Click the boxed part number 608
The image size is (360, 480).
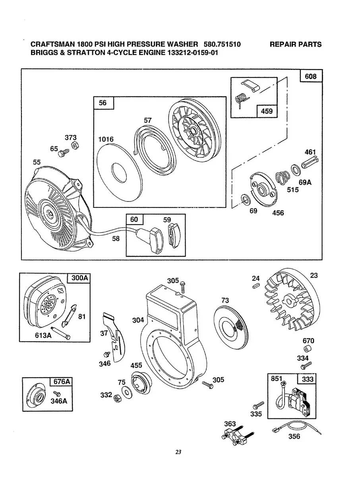(311, 75)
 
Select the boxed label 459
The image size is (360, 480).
(267, 111)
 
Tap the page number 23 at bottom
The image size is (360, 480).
(179, 452)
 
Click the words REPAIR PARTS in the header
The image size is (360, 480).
(295, 44)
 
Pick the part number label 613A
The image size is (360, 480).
(43, 335)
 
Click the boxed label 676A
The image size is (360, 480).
(61, 382)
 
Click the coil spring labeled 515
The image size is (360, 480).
(283, 176)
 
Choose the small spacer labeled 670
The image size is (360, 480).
(308, 350)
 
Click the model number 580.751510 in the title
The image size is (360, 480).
(222, 44)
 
